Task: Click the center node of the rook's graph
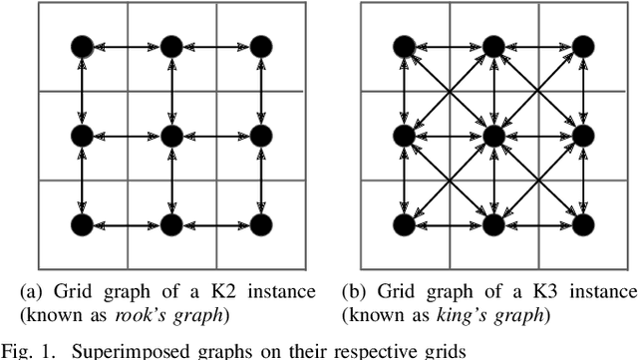click(170, 133)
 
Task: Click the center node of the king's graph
click(492, 133)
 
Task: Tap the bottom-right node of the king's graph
click(581, 221)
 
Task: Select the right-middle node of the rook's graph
click(260, 133)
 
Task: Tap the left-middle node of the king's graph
click(404, 133)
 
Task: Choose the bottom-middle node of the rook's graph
click(170, 221)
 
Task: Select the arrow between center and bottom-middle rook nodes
click(170, 178)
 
